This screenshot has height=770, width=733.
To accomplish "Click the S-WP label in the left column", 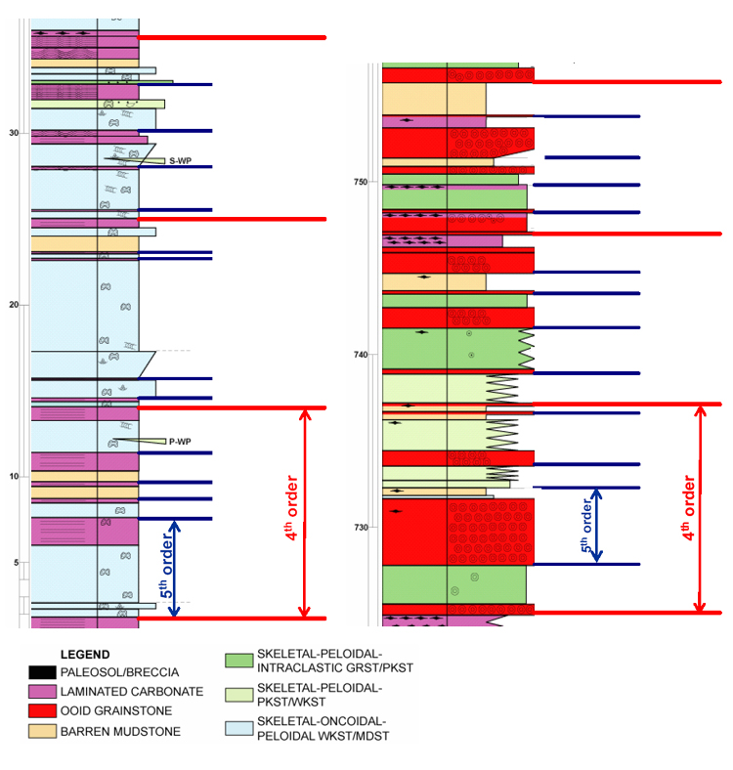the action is tap(180, 160).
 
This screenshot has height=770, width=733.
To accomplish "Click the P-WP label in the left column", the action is tap(180, 442).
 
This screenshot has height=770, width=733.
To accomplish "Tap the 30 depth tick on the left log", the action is tap(14, 133).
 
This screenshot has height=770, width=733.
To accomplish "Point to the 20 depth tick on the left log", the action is tap(14, 305).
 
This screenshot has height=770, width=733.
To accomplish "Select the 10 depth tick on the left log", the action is tap(14, 476).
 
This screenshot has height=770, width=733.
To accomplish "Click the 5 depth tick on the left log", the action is tap(17, 562).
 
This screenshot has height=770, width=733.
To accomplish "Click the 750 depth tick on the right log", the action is tap(360, 182).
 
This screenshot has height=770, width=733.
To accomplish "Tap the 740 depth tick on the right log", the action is tap(360, 355).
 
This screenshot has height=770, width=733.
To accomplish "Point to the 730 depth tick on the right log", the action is tap(360, 527).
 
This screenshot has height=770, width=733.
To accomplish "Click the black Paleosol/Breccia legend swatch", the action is tap(42, 672).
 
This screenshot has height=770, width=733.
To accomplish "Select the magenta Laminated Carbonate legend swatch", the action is tap(42, 692).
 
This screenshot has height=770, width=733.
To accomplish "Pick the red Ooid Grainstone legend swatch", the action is tap(42, 710).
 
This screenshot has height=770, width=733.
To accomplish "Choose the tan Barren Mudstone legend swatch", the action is tap(42, 731).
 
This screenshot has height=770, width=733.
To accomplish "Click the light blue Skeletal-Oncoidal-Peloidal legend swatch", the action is tap(239, 728).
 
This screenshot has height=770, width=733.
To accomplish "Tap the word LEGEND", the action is tap(85, 655).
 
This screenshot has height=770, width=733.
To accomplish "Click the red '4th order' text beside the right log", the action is tap(689, 508).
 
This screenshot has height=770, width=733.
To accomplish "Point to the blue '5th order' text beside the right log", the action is tap(586, 526).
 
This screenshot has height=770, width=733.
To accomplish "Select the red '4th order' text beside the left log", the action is tap(291, 508).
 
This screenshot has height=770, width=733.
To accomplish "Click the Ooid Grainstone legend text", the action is tap(116, 710).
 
